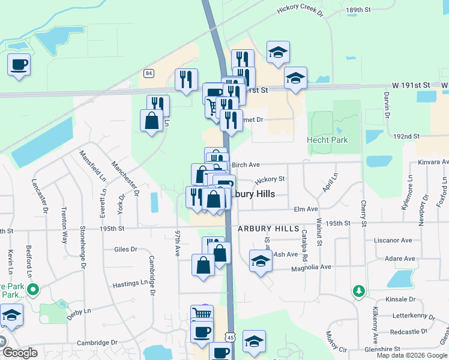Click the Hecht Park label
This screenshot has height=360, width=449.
327,140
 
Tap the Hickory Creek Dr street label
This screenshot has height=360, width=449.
300,11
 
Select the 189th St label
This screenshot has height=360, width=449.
359,10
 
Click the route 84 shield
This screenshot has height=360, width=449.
149,73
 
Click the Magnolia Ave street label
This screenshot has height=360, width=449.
309,267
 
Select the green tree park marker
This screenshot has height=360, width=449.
359,291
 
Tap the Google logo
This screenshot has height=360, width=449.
20,353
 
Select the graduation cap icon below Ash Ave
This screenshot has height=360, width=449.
261,262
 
